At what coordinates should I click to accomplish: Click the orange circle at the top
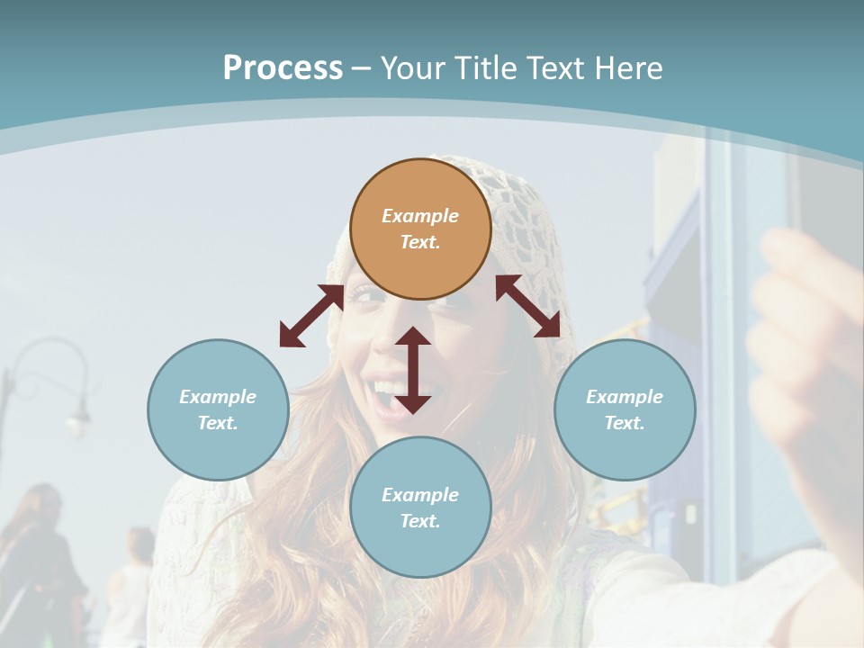tap(420, 229)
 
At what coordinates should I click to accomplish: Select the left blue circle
tap(218, 409)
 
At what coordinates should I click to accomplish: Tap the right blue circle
tap(625, 409)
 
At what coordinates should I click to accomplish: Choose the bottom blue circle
tap(420, 508)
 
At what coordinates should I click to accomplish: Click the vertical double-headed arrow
tap(413, 370)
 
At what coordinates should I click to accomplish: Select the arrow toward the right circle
tap(528, 306)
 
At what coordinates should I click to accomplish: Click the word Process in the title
tap(283, 68)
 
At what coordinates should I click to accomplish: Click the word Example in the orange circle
tap(420, 216)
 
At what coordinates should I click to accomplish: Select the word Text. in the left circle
tap(218, 423)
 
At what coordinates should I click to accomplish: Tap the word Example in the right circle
tap(625, 397)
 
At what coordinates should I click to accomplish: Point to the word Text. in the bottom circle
tap(420, 521)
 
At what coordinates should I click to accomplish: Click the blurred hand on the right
tap(805, 333)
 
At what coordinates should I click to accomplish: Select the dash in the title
tap(362, 68)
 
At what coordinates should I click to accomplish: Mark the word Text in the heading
tap(555, 68)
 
